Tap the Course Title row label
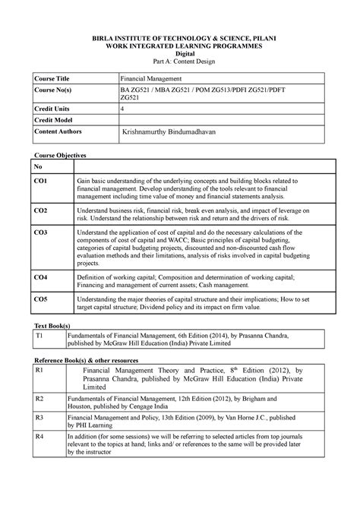(x=50, y=78)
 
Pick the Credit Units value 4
(x=124, y=109)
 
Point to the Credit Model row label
(x=52, y=120)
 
